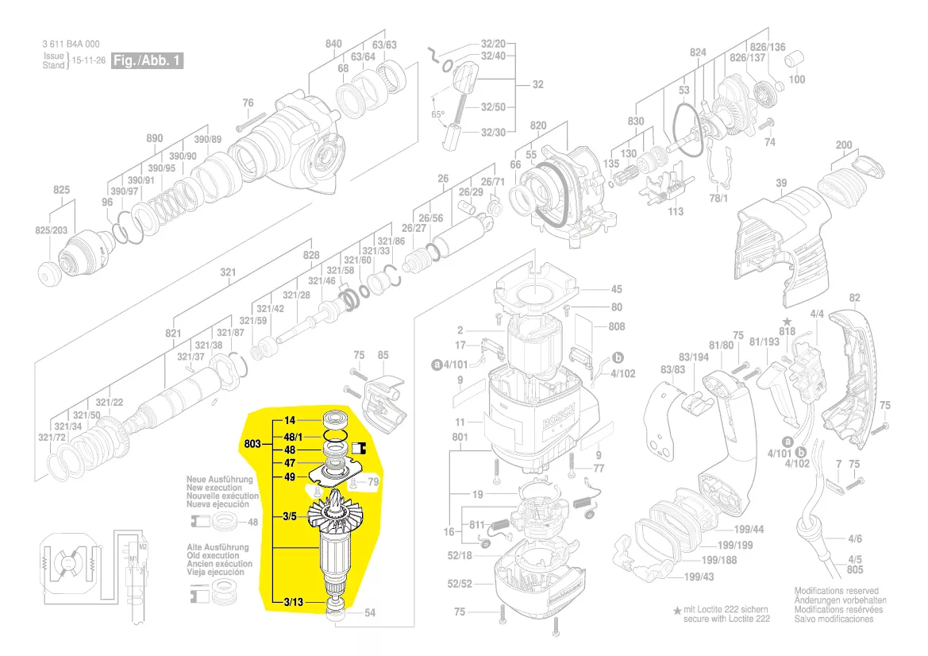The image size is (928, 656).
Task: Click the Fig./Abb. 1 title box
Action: click(148, 61)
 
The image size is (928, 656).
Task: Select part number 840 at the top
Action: click(333, 44)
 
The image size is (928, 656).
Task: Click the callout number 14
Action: click(290, 419)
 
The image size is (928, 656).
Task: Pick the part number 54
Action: click(370, 613)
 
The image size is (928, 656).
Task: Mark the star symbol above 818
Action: click(787, 321)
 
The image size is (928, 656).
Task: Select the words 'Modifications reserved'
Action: click(836, 592)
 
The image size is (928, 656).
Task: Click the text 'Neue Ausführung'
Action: click(219, 480)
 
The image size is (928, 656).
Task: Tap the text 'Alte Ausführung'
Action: click(217, 547)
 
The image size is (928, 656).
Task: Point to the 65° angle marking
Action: click(437, 114)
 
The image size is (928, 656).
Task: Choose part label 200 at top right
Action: click(844, 145)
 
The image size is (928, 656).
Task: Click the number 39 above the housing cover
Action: click(781, 183)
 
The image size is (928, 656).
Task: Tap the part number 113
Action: click(676, 211)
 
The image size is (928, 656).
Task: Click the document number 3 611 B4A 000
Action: click(71, 44)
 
